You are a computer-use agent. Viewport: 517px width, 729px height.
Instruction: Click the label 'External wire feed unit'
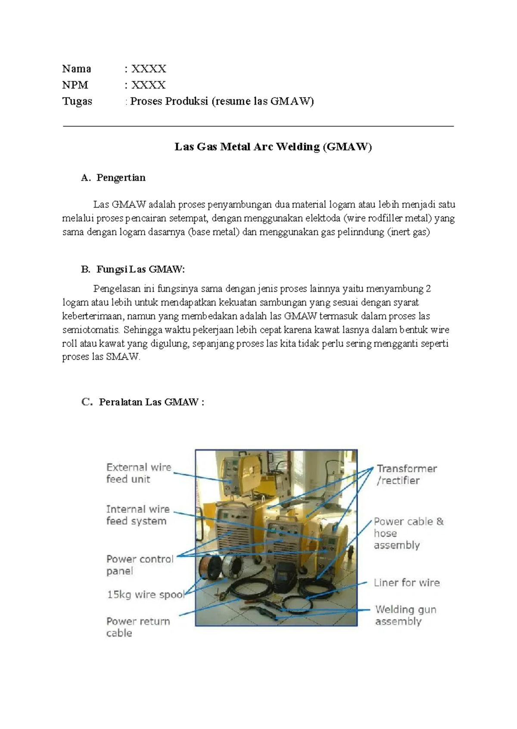pyautogui.click(x=138, y=473)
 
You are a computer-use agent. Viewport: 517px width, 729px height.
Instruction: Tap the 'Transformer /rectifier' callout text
pyautogui.click(x=406, y=474)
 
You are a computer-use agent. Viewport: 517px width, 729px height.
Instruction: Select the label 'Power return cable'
pyautogui.click(x=138, y=627)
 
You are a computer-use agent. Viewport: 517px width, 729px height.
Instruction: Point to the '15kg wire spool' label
pyautogui.click(x=145, y=595)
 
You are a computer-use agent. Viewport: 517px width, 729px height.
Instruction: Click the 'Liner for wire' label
pyautogui.click(x=406, y=583)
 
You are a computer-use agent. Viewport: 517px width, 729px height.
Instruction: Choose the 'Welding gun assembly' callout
pyautogui.click(x=405, y=615)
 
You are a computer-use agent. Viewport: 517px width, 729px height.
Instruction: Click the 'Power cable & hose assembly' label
pyautogui.click(x=408, y=533)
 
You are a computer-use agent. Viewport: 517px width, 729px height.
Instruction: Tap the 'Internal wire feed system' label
pyautogui.click(x=137, y=515)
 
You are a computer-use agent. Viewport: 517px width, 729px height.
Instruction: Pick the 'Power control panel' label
pyautogui.click(x=140, y=565)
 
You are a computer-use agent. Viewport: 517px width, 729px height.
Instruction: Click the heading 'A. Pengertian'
pyautogui.click(x=113, y=178)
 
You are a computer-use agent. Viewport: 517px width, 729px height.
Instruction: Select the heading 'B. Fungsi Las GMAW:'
pyautogui.click(x=133, y=269)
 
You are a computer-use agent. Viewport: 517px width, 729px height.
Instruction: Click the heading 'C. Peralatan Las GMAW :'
pyautogui.click(x=143, y=402)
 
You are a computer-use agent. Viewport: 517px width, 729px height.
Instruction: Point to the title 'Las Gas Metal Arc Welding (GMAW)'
pyautogui.click(x=273, y=147)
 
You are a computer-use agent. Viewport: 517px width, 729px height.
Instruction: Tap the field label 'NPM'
pyautogui.click(x=75, y=85)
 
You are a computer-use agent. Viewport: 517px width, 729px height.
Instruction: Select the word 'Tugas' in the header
pyautogui.click(x=77, y=101)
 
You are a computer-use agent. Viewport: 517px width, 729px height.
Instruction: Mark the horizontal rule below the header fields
pyautogui.click(x=258, y=127)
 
